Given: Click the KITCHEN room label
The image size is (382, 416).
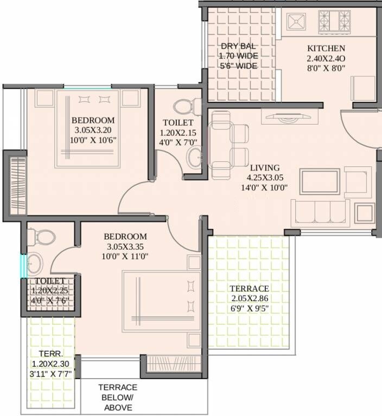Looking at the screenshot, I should tap(326, 48).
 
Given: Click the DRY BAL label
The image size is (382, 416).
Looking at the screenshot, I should tap(238, 46).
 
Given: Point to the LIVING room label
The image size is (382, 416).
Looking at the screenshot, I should tap(265, 167).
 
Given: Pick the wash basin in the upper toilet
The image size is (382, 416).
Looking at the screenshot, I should tap(194, 158).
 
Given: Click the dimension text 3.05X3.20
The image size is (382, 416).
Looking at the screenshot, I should tap(93, 130).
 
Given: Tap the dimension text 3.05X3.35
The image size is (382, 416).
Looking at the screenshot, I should tap(125, 246).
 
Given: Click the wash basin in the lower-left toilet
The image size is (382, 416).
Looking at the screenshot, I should tap(35, 264).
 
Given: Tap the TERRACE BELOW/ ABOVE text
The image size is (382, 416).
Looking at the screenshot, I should tap(117, 398).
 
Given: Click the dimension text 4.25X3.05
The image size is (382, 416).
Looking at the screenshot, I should tap(265, 178).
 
